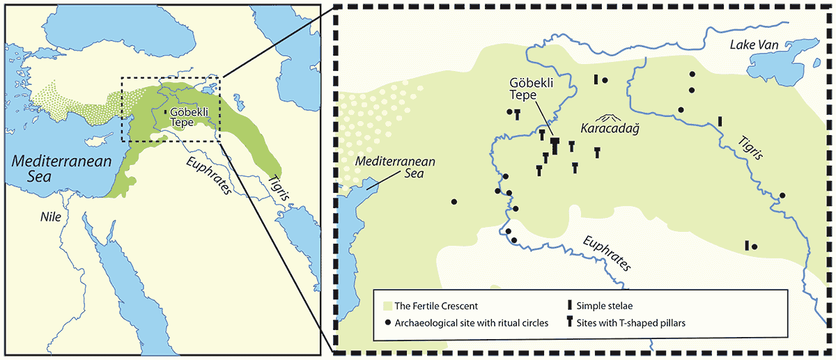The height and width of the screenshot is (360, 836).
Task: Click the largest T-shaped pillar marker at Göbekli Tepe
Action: click(555, 146)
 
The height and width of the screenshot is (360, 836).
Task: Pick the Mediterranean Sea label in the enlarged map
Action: click(395, 167)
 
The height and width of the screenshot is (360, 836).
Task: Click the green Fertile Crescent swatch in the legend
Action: click(388, 306)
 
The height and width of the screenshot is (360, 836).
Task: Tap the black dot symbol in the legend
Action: click(388, 322)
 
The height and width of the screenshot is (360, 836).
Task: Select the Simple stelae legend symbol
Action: click(570, 306)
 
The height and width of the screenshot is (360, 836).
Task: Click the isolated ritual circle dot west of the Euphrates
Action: click(454, 202)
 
